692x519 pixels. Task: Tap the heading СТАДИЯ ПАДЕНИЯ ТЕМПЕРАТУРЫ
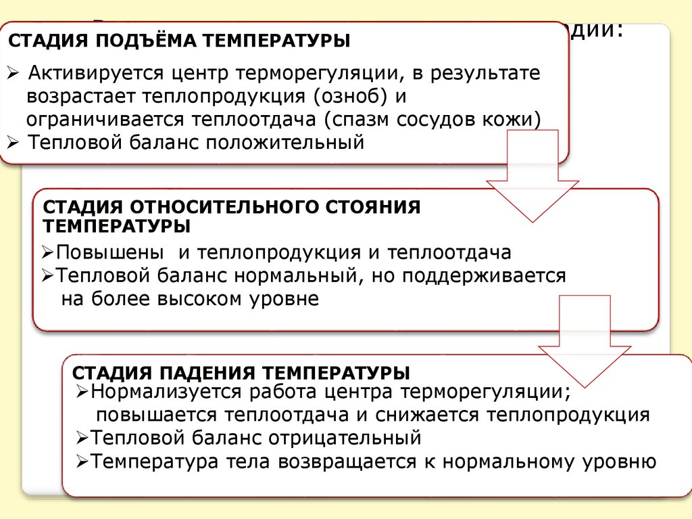pos(241,374)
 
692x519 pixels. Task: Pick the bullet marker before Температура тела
pos(82,461)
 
